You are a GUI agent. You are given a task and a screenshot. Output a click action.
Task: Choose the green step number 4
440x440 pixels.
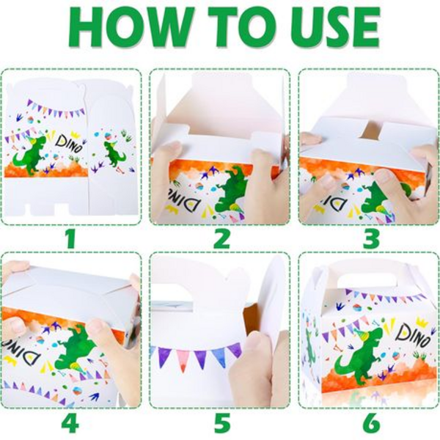coord(70,422)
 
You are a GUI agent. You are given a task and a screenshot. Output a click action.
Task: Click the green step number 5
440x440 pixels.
coord(221,422)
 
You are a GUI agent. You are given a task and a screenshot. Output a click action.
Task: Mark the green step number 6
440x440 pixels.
coord(370,422)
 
